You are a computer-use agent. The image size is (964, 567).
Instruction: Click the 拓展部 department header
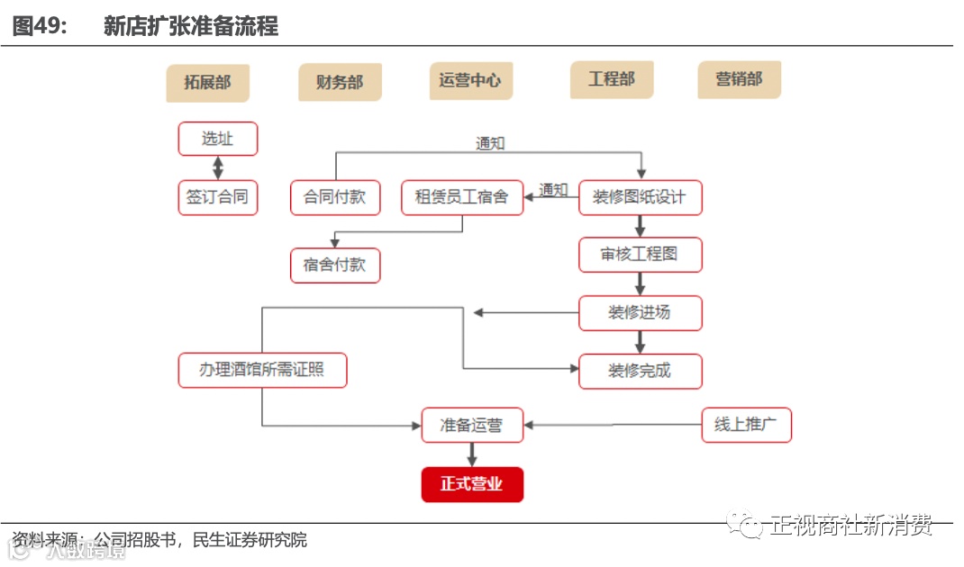coord(207,83)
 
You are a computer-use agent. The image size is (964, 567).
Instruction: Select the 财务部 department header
coord(340,83)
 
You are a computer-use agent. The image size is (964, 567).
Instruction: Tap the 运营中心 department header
coord(470,80)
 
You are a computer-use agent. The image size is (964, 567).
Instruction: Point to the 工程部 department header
coord(611,79)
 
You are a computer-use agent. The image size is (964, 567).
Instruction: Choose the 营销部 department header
coord(739,79)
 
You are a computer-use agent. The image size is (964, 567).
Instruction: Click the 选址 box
coord(217,139)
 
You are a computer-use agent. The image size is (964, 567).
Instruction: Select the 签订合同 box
coord(217,197)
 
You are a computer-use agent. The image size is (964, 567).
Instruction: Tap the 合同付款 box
coord(335,197)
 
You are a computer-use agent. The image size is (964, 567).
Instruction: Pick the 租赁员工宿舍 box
coord(461,197)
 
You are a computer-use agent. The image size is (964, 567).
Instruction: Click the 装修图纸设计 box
coord(640,197)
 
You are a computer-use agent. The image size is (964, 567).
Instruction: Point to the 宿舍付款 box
coord(335,265)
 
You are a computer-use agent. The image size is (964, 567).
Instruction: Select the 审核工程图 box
coord(640,255)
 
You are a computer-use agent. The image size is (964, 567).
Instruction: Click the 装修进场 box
coord(640,312)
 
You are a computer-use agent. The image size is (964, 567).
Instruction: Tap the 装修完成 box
coord(640,370)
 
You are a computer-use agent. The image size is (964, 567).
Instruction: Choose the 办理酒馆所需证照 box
coord(262,370)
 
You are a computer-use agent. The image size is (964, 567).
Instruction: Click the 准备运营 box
coord(472,425)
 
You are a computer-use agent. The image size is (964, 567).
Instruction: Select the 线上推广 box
coord(746,425)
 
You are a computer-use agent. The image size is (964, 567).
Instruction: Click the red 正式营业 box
coord(472,484)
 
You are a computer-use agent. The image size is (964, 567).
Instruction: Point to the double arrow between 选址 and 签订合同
coord(217,168)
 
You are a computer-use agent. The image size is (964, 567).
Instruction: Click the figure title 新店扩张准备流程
coord(191,26)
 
